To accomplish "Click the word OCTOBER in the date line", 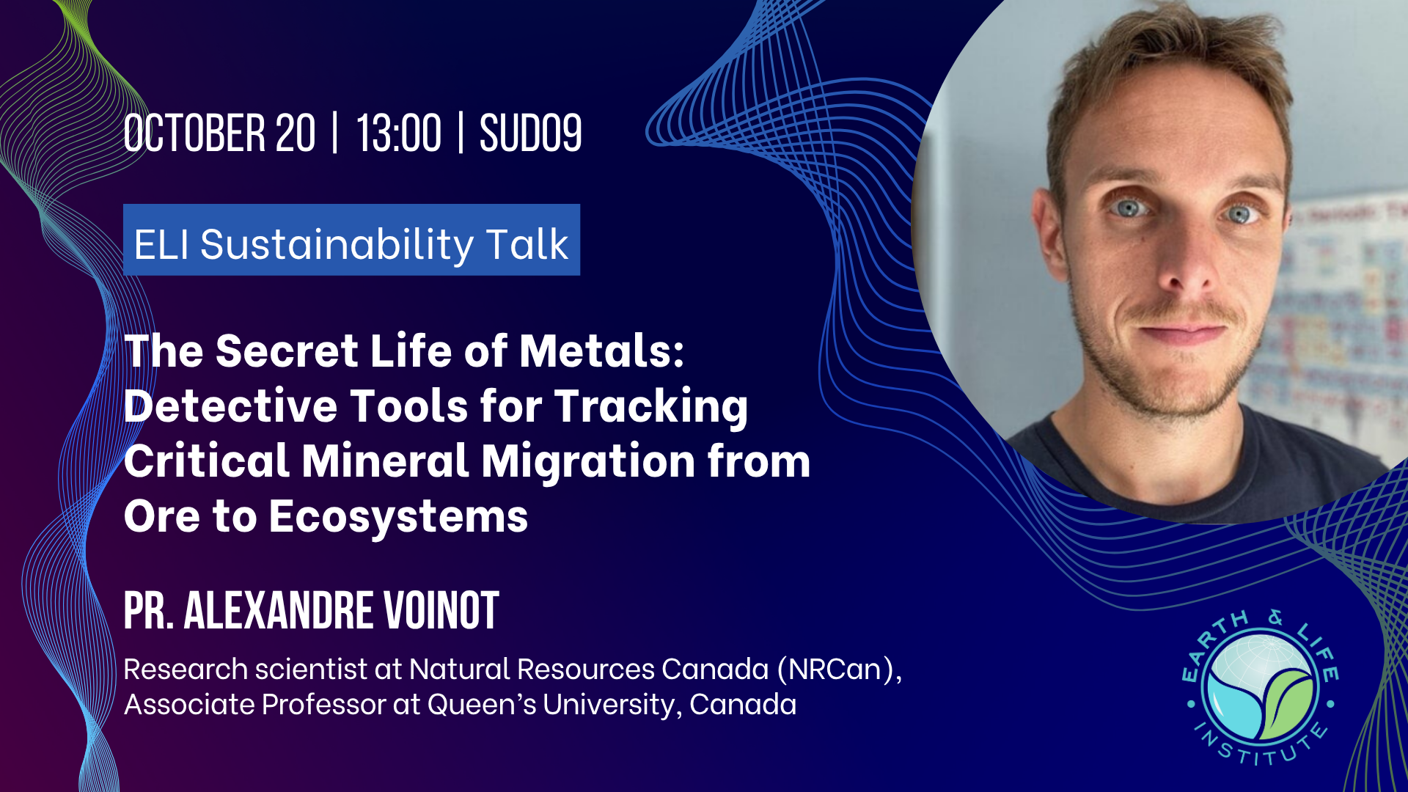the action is pos(194,133).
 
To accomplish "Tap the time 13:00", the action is pos(399,133).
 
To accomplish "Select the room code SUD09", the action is pos(531,133).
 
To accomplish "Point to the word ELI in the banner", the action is pos(161,244).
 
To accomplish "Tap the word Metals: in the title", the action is pos(601,351).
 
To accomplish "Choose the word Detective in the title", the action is pos(230,406).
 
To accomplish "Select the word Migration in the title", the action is pos(588,461).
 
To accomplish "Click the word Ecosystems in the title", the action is pos(398,517).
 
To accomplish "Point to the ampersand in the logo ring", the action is pos(1277,617).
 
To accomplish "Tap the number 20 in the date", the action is pos(296,133).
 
